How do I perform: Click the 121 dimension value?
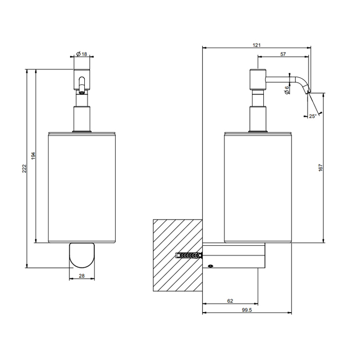click(x=257, y=45)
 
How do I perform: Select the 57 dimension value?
click(x=283, y=54)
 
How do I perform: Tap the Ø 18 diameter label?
click(x=82, y=54)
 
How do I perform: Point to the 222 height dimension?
click(x=24, y=168)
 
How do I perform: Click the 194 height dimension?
click(x=33, y=156)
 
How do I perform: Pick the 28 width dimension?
click(x=82, y=276)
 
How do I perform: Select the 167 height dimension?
click(x=320, y=168)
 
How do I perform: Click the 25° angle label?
click(x=313, y=116)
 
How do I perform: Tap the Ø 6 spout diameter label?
click(x=287, y=89)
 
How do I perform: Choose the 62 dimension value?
click(x=230, y=301)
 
